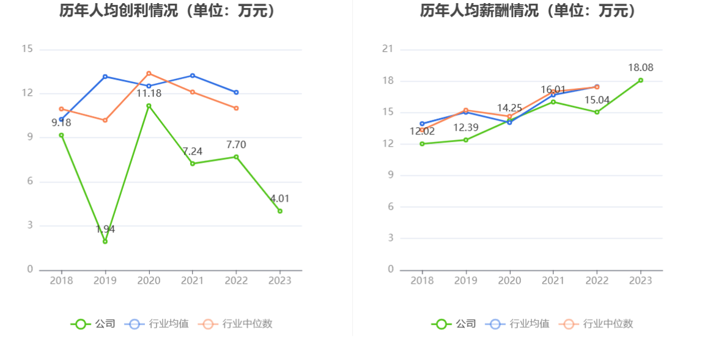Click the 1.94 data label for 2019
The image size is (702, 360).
point(105,229)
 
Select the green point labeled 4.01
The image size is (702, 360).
point(280,211)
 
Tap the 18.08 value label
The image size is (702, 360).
point(640,68)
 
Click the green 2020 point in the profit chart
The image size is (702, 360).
point(149,106)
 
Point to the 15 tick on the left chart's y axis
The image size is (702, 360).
point(27,50)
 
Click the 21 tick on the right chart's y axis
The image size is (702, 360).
point(387,50)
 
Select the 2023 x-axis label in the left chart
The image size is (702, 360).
point(280,281)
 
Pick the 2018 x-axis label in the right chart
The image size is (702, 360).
point(422,281)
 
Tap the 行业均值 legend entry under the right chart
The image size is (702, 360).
point(520,324)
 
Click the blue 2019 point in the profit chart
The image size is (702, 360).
point(105,76)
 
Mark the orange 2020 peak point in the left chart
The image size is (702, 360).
point(149,73)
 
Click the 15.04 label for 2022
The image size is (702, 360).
point(597,100)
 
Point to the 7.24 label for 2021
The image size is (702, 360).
point(193,151)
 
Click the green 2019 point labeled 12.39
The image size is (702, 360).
point(466,140)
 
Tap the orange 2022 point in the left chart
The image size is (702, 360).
point(236,108)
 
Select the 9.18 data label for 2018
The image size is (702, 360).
point(61,122)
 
